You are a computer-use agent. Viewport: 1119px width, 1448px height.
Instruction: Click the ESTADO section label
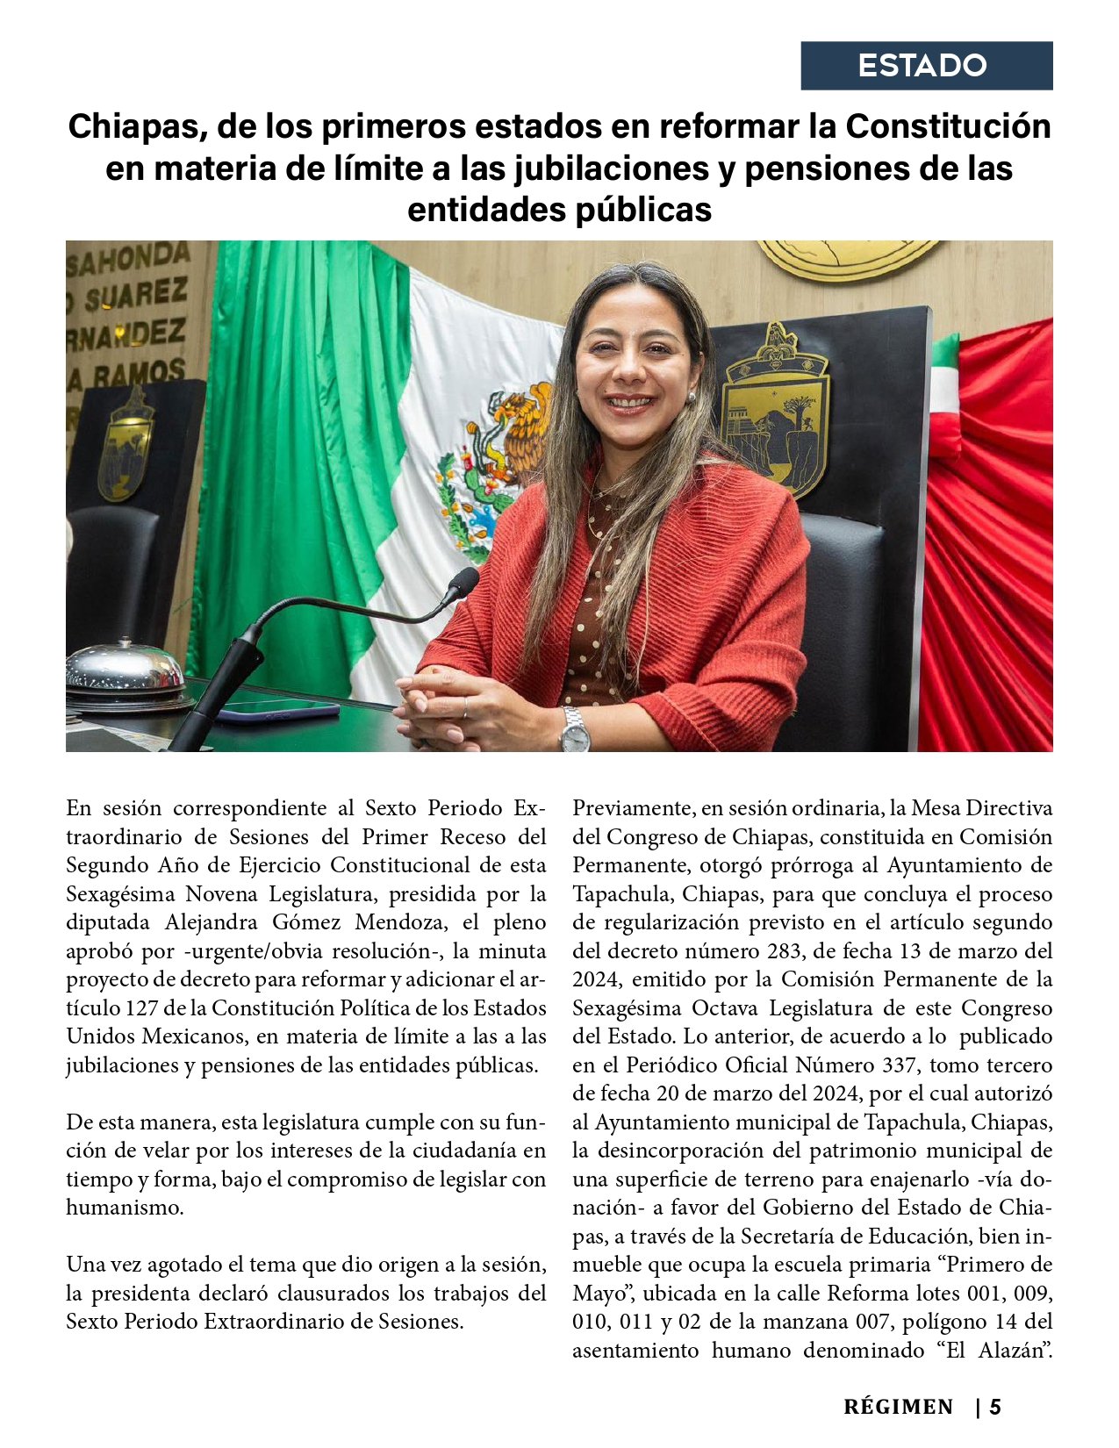pyautogui.click(x=922, y=66)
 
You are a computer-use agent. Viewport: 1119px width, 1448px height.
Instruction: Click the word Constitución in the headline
pyautogui.click(x=949, y=126)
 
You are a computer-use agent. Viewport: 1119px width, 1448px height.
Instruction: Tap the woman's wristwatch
pyautogui.click(x=575, y=730)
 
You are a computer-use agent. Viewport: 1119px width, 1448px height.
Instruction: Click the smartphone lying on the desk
pyautogui.click(x=276, y=709)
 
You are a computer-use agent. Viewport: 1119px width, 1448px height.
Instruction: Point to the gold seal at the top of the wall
pyautogui.click(x=847, y=259)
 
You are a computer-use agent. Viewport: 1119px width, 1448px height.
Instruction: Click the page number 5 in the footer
pyautogui.click(x=995, y=1408)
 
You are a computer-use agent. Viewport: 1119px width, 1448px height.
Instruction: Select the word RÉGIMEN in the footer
pyautogui.click(x=898, y=1408)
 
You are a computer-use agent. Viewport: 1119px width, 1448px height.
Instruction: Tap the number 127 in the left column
pyautogui.click(x=141, y=1007)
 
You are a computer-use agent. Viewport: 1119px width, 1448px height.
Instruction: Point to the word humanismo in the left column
pyautogui.click(x=125, y=1207)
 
